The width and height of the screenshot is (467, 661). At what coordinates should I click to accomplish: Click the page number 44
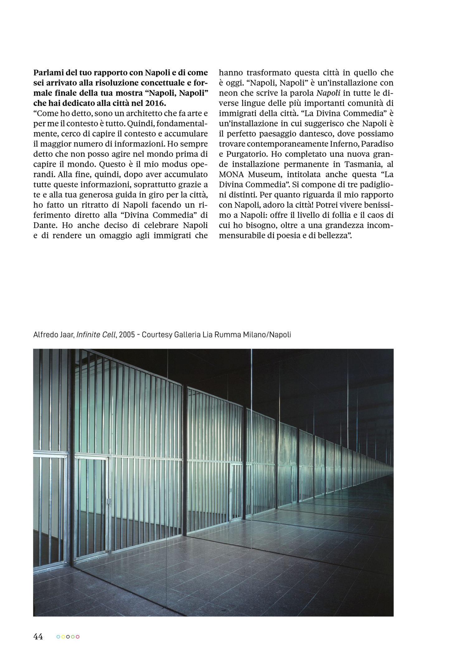coord(38,636)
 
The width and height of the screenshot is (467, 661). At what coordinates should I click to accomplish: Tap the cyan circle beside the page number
coord(58,637)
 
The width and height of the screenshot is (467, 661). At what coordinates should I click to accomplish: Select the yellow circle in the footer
coord(63,637)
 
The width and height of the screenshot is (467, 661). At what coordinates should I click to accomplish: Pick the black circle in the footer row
coord(68,637)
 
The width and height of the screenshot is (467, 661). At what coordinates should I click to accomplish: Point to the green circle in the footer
coord(73,637)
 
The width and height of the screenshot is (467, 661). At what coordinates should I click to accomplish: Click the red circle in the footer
coord(78,637)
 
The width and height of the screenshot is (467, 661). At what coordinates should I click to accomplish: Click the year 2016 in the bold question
coord(155,103)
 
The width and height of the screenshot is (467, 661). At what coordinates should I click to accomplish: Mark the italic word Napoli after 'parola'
coord(328,93)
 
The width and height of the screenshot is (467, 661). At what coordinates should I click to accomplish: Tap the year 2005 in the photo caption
coord(127,335)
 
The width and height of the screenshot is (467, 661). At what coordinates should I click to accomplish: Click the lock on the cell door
coord(109,501)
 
